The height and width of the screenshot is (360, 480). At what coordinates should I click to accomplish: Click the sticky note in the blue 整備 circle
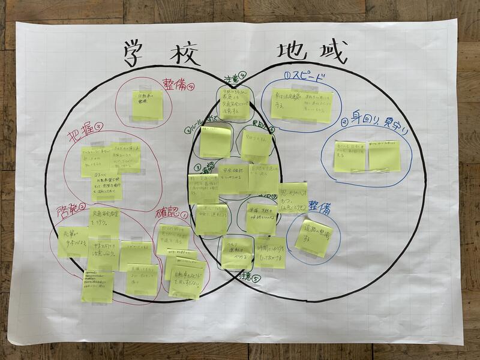pos(313,238)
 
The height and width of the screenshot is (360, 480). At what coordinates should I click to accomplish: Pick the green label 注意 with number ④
pos(233,79)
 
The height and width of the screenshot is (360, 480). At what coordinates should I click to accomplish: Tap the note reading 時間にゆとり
pos(270,251)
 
